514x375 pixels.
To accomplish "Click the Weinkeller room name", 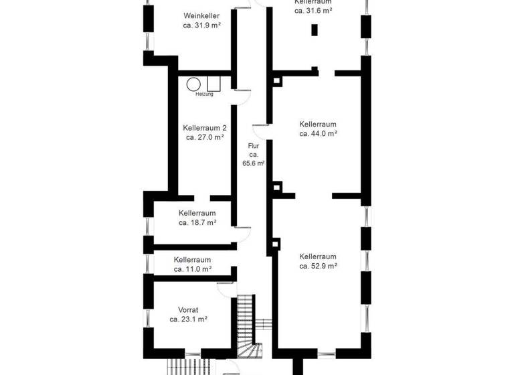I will point(201,15).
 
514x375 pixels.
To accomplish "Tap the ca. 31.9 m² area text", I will point(201,25).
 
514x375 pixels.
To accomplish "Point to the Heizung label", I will point(204,94).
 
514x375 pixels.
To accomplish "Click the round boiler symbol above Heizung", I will point(193,84).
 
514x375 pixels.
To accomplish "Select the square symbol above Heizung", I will point(214,84).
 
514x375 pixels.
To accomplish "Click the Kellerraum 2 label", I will point(205,127).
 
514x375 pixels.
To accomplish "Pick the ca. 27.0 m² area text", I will point(205,137).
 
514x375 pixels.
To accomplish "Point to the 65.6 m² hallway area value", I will point(253,163).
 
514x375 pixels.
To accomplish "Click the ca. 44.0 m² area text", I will point(317,133).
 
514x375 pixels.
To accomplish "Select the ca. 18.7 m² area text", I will point(197,222).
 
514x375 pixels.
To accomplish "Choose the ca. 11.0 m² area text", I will point(193,269).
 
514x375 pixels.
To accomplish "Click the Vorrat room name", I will point(188,310).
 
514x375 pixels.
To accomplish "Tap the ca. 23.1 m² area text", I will point(188,319).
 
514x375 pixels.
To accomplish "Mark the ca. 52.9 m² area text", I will point(317,266).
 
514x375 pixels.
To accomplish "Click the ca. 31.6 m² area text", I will point(313,11).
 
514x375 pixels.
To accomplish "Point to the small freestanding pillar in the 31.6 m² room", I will point(314,29).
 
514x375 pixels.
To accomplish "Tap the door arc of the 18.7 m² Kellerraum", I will point(242,231).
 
